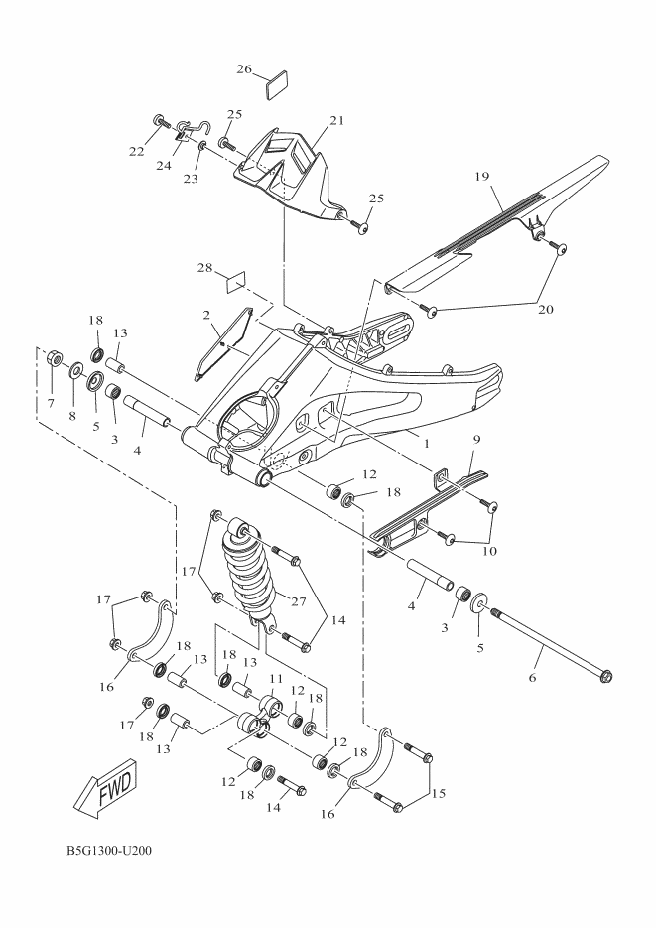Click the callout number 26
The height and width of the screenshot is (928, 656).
(x=245, y=69)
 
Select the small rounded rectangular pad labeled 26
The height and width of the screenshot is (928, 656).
(x=277, y=83)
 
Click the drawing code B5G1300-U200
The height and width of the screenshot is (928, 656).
(x=109, y=851)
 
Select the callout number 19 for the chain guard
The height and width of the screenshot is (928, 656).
(x=509, y=177)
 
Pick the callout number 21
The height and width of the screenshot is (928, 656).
(x=336, y=121)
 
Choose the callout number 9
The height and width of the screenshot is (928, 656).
(x=475, y=439)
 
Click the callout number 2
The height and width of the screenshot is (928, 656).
(x=205, y=315)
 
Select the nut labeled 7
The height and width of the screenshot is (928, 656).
(x=56, y=358)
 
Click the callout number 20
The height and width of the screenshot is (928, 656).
(x=546, y=309)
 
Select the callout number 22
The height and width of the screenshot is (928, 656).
(x=136, y=152)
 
